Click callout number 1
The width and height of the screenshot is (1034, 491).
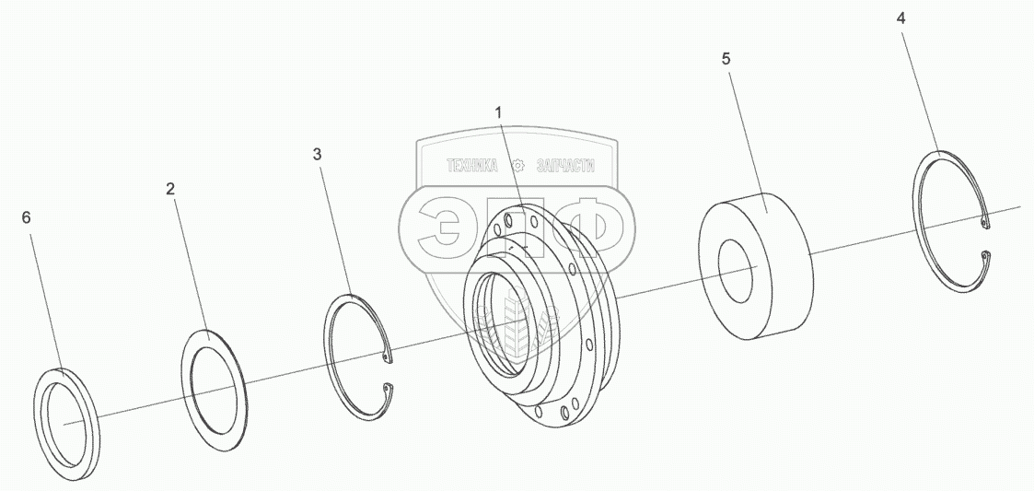coord(498,112)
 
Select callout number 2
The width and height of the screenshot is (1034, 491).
coord(170,189)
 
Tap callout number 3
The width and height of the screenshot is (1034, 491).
coord(318,154)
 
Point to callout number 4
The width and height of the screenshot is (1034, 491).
coord(901,18)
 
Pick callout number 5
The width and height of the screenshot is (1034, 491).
coord(726,58)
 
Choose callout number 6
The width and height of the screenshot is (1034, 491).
coord(26,217)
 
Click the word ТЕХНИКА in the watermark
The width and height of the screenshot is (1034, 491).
coord(471,166)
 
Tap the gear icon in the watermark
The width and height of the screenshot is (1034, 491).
coord(517,166)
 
